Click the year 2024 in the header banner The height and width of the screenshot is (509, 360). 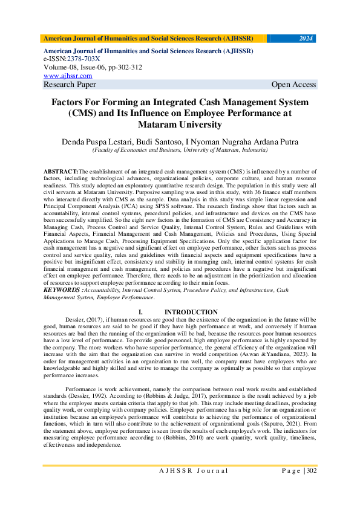(306, 39)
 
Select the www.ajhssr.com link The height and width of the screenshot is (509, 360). (68, 76)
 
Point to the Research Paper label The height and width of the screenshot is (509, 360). (70, 85)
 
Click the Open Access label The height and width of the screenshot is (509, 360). (293, 85)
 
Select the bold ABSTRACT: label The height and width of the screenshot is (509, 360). (61, 173)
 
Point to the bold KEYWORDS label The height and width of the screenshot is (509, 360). (62, 290)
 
